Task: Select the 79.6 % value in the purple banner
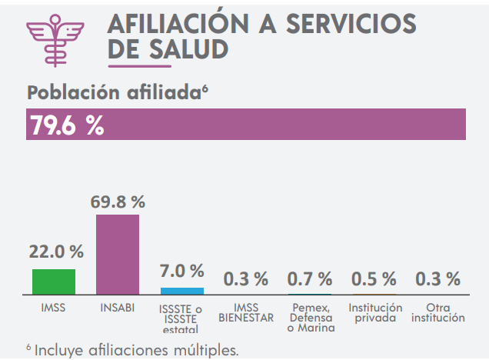click(x=67, y=125)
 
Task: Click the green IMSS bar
click(x=54, y=282)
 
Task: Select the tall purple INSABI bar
click(x=118, y=255)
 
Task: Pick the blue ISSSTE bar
click(x=182, y=291)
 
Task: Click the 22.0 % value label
click(x=56, y=252)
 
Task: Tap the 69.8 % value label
click(x=118, y=202)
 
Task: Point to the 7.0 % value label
click(x=181, y=271)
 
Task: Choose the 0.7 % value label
click(x=310, y=278)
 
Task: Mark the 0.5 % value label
click(x=374, y=278)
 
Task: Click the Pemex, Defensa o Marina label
click(x=310, y=318)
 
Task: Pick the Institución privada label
click(x=374, y=312)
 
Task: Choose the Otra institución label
click(x=438, y=312)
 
